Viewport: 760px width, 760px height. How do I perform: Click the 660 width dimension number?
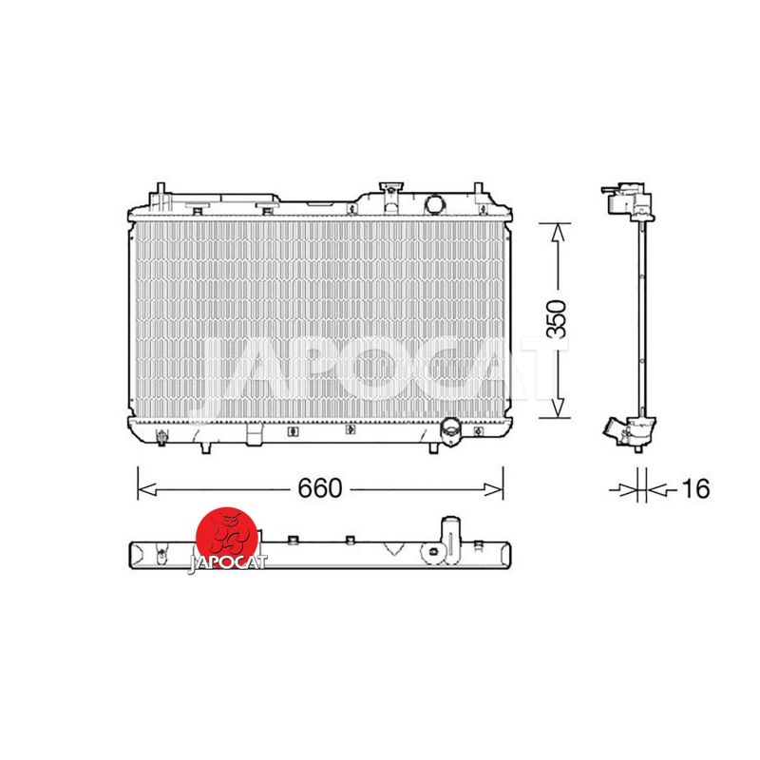320,488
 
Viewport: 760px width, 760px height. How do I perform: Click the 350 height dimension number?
556,319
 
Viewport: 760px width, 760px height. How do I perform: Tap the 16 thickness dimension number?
695,488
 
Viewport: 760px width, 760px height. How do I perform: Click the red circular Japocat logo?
227,537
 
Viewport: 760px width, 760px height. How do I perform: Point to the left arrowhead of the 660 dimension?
146,489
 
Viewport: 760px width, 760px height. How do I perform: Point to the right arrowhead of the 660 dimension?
494,489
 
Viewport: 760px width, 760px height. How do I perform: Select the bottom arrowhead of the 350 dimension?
558,408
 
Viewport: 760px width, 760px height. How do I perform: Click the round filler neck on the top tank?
434,204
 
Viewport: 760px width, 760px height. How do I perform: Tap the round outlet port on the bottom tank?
449,428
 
